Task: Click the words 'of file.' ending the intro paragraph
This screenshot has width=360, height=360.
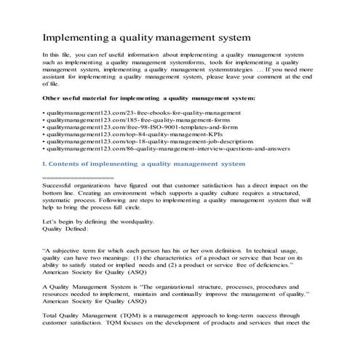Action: pyautogui.click(x=53, y=84)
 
